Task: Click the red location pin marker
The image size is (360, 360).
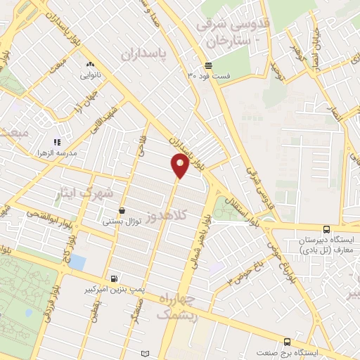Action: click(x=180, y=166)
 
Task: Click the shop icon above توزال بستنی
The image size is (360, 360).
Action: click(x=122, y=210)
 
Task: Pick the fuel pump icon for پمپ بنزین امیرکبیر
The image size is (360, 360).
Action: click(x=115, y=278)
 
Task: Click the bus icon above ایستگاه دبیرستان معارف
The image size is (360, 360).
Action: click(x=326, y=229)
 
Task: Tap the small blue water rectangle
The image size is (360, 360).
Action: click(x=77, y=262)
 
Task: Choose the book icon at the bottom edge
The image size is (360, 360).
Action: click(x=146, y=352)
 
